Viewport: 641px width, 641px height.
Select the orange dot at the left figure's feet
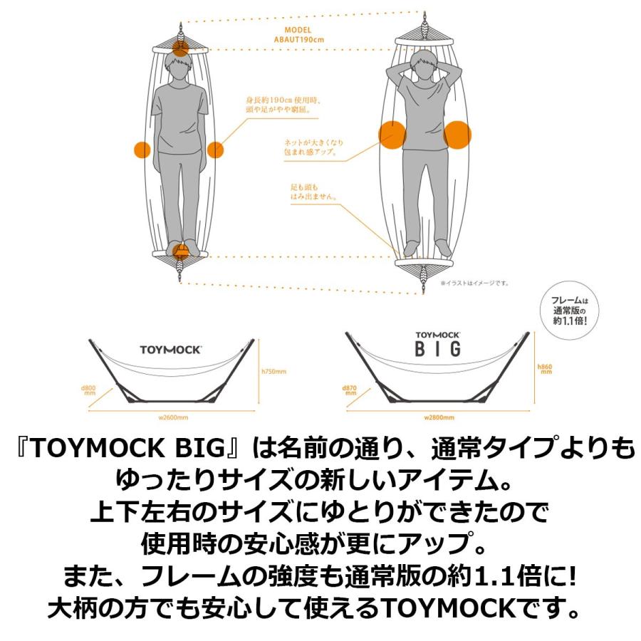click(182, 250)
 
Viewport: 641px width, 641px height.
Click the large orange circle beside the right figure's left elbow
click(390, 133)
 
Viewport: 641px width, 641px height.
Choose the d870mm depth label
click(349, 391)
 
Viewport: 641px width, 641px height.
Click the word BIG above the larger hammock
click(439, 348)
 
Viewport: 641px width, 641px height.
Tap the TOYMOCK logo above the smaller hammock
click(170, 350)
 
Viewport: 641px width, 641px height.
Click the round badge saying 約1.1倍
click(568, 312)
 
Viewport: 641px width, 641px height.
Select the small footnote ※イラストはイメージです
click(475, 283)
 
